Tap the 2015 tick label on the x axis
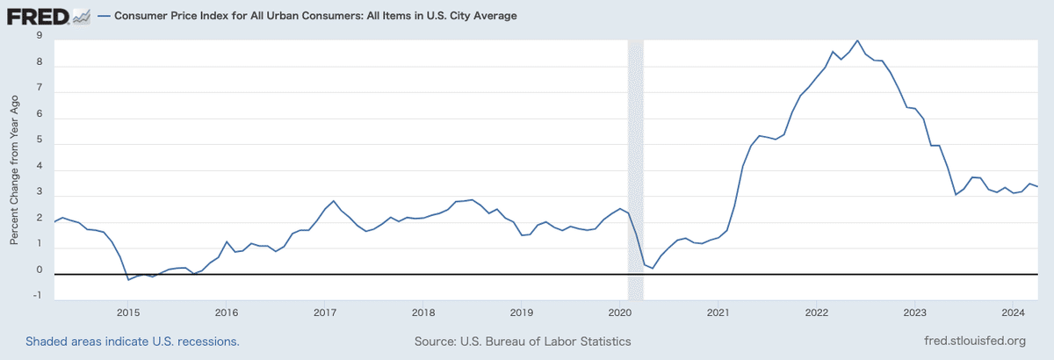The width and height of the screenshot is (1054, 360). (127, 313)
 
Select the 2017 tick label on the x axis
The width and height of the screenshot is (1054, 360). (325, 313)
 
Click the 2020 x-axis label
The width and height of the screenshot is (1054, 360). (620, 313)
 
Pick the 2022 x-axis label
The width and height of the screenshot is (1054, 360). (817, 313)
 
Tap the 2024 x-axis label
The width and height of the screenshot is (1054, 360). (1014, 313)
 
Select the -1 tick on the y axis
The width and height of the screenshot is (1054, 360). (38, 295)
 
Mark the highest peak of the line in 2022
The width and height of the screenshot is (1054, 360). (857, 40)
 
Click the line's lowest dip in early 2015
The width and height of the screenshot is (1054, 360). (128, 279)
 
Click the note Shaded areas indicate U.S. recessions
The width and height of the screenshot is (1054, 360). (133, 341)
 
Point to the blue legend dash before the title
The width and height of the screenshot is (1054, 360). (104, 16)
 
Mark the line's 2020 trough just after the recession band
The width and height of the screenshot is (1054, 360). (653, 268)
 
